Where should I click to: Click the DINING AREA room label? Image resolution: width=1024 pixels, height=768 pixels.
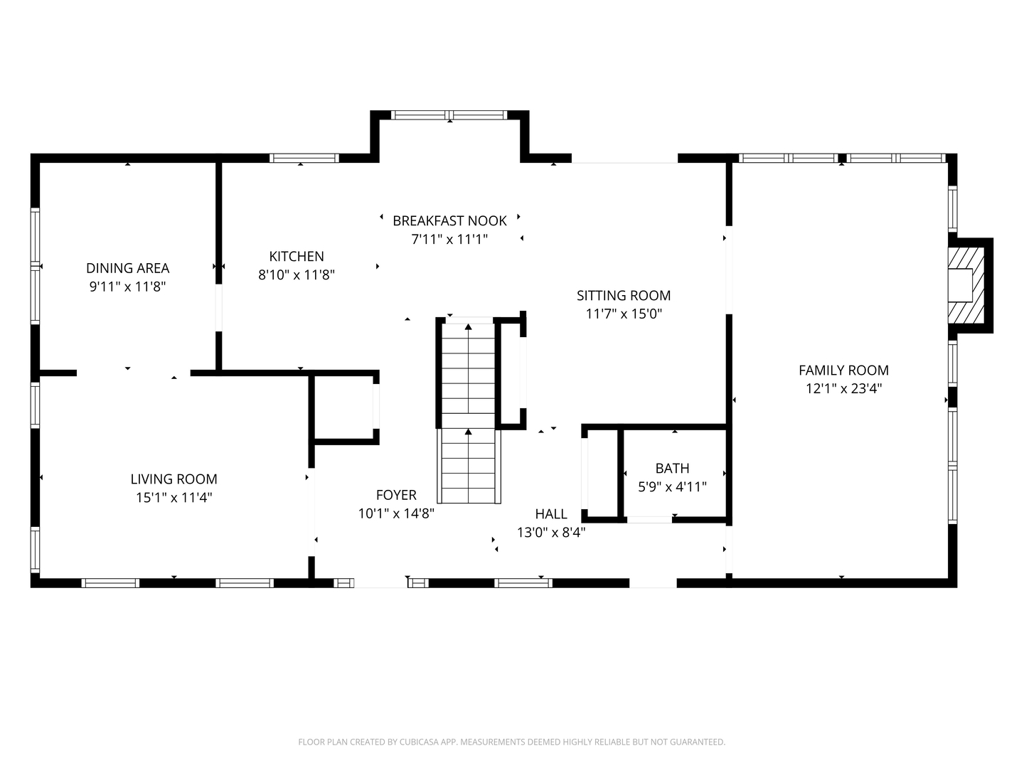coord(127,268)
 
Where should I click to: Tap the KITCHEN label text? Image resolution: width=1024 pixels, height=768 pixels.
coord(297,257)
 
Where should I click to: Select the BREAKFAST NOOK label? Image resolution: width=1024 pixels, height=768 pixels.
coord(449,220)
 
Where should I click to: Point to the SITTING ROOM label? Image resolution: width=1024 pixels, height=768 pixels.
coord(623,296)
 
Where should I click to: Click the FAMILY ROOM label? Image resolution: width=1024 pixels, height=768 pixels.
coord(843,370)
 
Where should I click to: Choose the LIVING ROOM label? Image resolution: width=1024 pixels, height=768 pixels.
coord(174,479)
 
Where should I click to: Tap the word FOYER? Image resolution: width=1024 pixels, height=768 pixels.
coord(396,495)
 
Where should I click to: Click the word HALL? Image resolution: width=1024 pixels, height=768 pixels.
coord(551,514)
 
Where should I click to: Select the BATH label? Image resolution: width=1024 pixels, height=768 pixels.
coord(672,468)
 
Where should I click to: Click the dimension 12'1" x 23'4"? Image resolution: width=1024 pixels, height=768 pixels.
coord(843,388)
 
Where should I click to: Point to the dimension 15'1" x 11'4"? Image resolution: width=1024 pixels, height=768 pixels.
coord(174,498)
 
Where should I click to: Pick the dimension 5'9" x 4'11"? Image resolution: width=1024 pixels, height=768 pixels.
coord(672,487)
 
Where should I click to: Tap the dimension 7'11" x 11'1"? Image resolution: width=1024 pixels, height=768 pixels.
coord(449,239)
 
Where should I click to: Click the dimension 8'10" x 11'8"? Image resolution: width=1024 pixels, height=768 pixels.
coord(297,274)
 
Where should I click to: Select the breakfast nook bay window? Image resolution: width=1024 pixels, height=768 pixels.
coord(449,115)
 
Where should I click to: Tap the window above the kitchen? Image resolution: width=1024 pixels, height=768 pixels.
coord(304,158)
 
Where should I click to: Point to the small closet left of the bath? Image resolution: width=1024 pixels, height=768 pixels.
coord(603,474)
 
